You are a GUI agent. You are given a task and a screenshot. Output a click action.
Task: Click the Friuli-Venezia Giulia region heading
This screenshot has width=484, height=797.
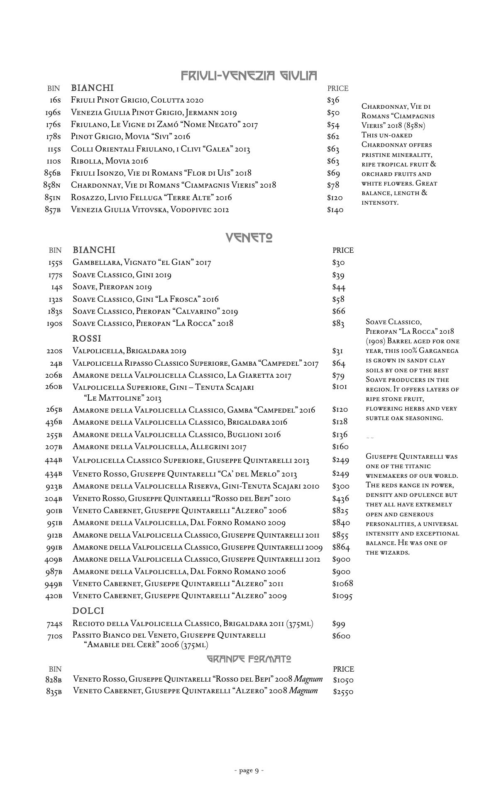(249, 76)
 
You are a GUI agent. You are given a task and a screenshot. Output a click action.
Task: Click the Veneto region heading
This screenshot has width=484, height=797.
(249, 237)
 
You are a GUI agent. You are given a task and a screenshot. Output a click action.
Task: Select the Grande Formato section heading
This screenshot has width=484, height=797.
(249, 659)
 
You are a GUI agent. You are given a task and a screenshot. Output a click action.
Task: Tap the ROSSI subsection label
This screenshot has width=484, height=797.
(87, 338)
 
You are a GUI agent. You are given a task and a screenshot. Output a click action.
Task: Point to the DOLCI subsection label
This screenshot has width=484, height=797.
(88, 611)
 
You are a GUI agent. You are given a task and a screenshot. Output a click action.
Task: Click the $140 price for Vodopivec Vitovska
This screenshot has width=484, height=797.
(335, 210)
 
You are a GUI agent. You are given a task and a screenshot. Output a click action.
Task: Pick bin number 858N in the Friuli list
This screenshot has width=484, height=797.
(52, 185)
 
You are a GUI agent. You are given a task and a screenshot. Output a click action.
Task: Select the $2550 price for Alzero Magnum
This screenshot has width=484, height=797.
(343, 692)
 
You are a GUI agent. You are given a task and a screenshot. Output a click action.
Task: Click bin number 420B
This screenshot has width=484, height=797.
(54, 596)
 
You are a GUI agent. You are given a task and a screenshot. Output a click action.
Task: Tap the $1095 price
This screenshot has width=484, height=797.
(342, 596)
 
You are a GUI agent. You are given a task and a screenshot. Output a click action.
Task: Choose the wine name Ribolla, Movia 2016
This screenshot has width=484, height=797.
(110, 161)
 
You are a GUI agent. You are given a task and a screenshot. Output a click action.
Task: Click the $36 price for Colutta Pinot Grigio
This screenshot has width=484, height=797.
(333, 100)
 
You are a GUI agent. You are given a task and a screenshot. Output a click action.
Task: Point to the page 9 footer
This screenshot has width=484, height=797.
(249, 770)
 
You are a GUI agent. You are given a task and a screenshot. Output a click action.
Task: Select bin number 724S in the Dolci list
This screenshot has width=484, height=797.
(54, 624)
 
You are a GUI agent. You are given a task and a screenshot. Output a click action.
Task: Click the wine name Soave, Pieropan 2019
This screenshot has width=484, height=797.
(112, 287)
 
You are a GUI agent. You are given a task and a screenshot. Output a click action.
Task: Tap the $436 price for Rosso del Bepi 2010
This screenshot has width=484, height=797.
(340, 499)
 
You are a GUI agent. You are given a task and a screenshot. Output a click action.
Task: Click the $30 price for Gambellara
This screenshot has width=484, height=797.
(338, 262)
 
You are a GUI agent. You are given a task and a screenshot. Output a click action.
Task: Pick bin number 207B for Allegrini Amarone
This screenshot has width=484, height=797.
(54, 447)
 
